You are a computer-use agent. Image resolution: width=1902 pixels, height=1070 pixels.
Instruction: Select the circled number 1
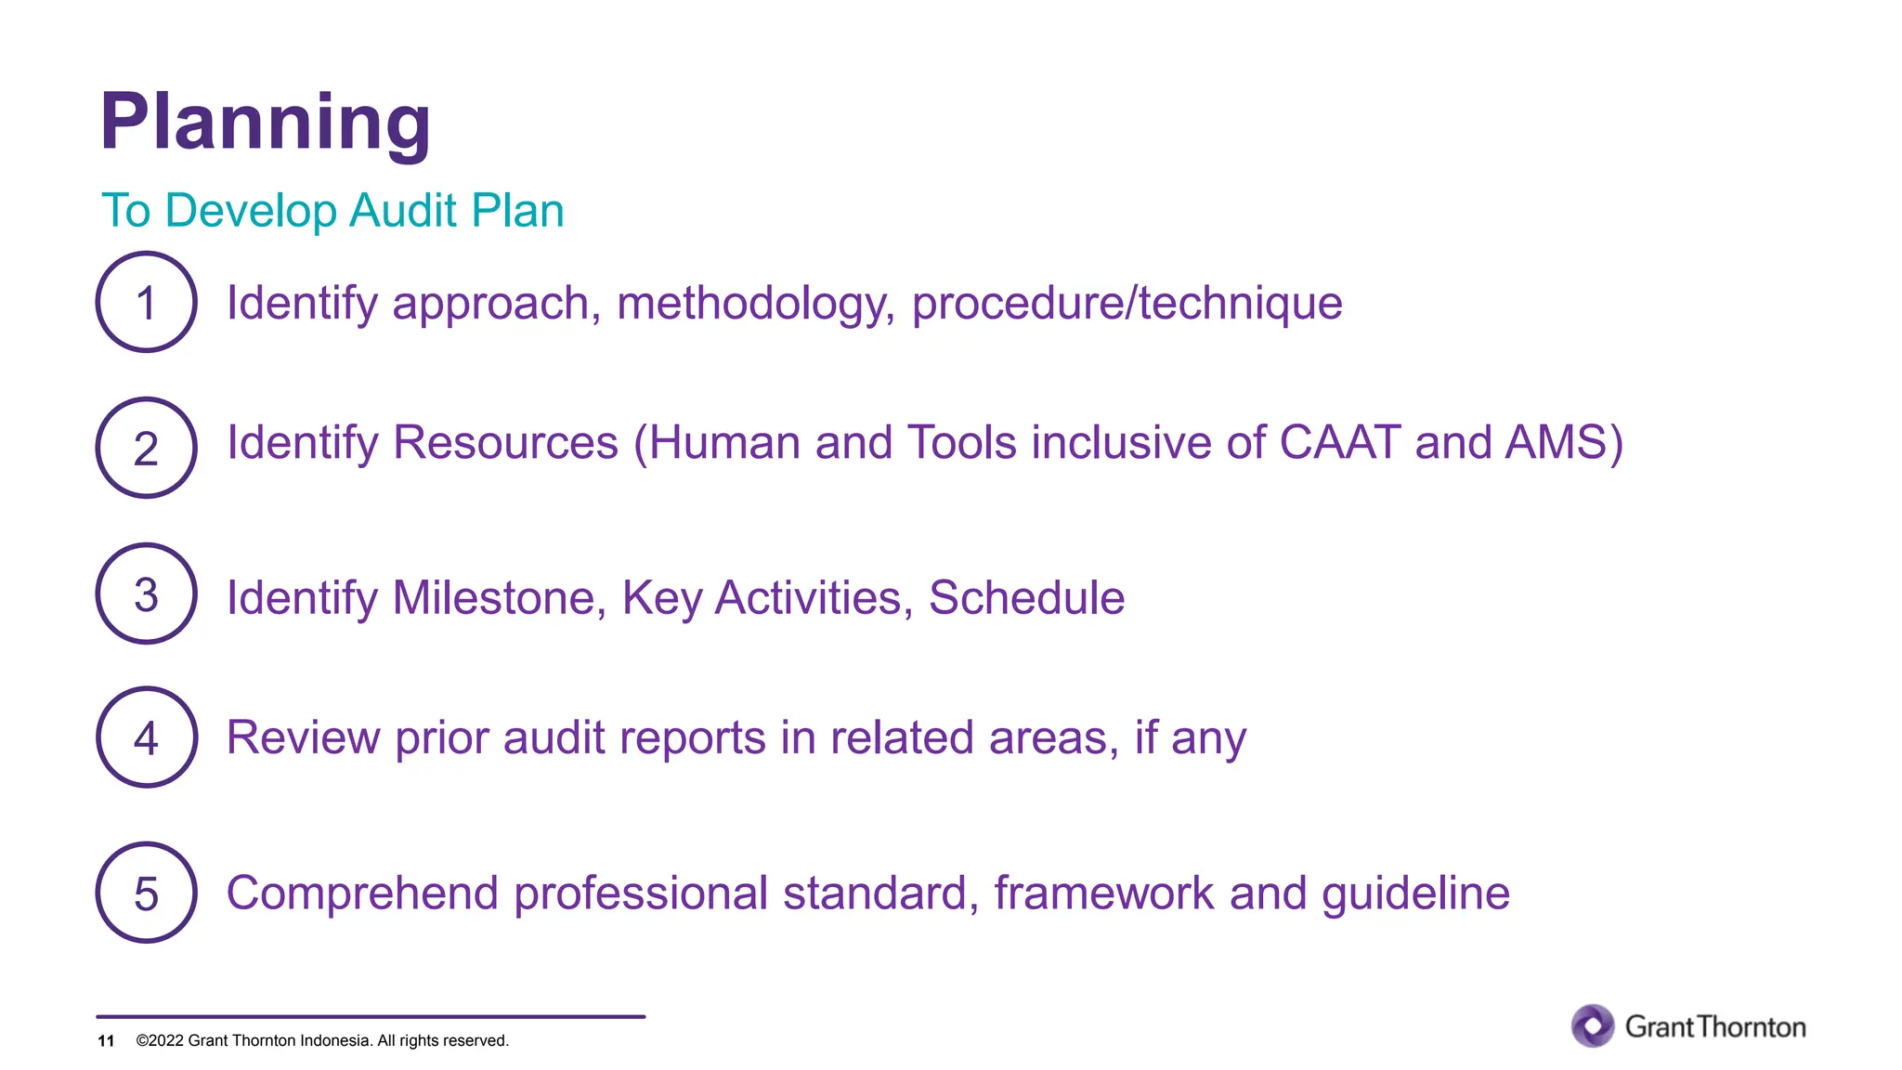coord(146,303)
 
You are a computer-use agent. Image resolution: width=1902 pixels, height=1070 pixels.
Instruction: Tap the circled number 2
coord(146,449)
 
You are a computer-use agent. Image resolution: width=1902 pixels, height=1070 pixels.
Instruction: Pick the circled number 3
coord(146,594)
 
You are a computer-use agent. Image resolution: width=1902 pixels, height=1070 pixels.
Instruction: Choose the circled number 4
coord(146,738)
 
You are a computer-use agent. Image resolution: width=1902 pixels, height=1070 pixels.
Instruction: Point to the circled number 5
coord(146,894)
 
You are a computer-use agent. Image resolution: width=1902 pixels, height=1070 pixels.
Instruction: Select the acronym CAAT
coord(1339,442)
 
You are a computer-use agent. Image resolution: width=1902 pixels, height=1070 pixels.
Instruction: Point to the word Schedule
coord(1026,597)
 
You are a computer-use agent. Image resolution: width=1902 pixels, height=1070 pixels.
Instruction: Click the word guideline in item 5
coord(1415,894)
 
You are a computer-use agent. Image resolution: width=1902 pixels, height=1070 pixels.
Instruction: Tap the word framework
coord(1103,894)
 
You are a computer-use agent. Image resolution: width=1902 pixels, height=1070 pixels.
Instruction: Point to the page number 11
coord(106,1041)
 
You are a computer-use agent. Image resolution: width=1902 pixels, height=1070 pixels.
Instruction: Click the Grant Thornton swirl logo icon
coord(1593,1026)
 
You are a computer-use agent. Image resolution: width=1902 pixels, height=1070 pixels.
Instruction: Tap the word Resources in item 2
coord(505,442)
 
